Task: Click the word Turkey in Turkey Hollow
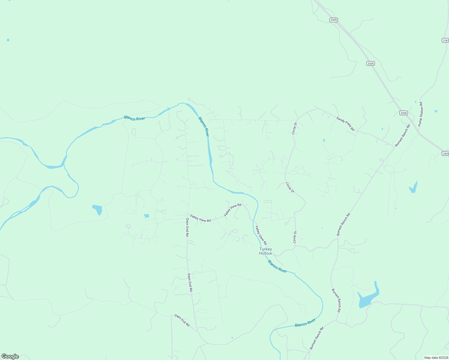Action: (x=266, y=249)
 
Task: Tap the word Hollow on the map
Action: (x=266, y=253)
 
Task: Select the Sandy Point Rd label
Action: (x=345, y=124)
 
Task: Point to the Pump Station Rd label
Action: (x=421, y=114)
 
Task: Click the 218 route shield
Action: (x=445, y=40)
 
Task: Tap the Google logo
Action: (x=10, y=356)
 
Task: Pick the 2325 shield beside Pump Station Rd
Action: (x=404, y=113)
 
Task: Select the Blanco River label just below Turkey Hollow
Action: (x=277, y=266)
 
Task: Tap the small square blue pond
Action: (x=146, y=216)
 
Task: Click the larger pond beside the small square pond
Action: (x=98, y=209)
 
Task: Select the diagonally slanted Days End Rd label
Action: (x=182, y=320)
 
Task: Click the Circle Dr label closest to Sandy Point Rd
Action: (x=295, y=128)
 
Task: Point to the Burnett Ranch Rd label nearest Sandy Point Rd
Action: (x=402, y=135)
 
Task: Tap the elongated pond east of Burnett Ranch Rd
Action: (x=413, y=187)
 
